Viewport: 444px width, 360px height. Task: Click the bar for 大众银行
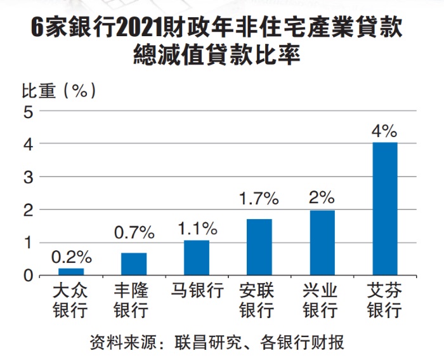[71, 272]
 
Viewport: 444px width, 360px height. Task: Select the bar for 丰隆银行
[134, 264]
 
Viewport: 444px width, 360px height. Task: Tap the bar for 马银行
[197, 258]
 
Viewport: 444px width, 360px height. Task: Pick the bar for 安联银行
[259, 247]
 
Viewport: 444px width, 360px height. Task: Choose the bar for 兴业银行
[322, 243]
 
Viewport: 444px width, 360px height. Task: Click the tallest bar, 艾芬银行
[385, 209]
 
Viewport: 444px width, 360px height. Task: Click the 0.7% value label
[134, 233]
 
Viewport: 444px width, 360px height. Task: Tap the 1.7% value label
[259, 199]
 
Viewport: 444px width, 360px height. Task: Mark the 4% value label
[384, 131]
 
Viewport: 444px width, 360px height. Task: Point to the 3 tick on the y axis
[27, 177]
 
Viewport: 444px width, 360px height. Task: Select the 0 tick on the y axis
[27, 276]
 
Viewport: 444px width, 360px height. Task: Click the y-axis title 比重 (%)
[60, 90]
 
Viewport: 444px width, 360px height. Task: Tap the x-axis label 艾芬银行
[384, 301]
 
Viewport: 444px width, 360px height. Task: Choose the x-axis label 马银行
[197, 291]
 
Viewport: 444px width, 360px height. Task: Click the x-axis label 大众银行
[71, 301]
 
